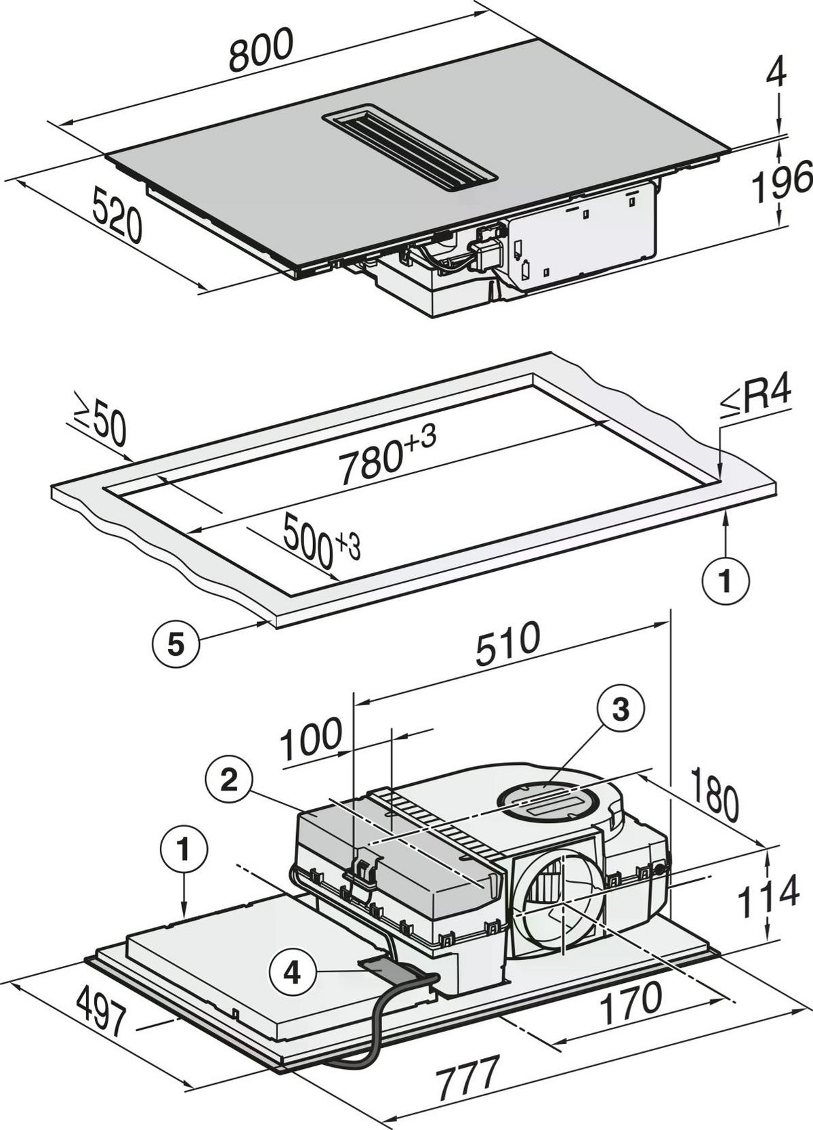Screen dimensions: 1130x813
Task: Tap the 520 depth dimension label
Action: point(117,216)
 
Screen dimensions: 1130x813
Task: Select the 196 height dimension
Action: point(781,181)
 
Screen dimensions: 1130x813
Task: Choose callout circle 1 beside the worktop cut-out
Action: point(726,581)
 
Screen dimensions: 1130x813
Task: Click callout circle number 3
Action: point(621,710)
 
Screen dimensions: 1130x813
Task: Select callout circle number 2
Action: point(230,782)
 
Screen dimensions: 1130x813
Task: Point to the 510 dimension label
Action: point(507,644)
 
